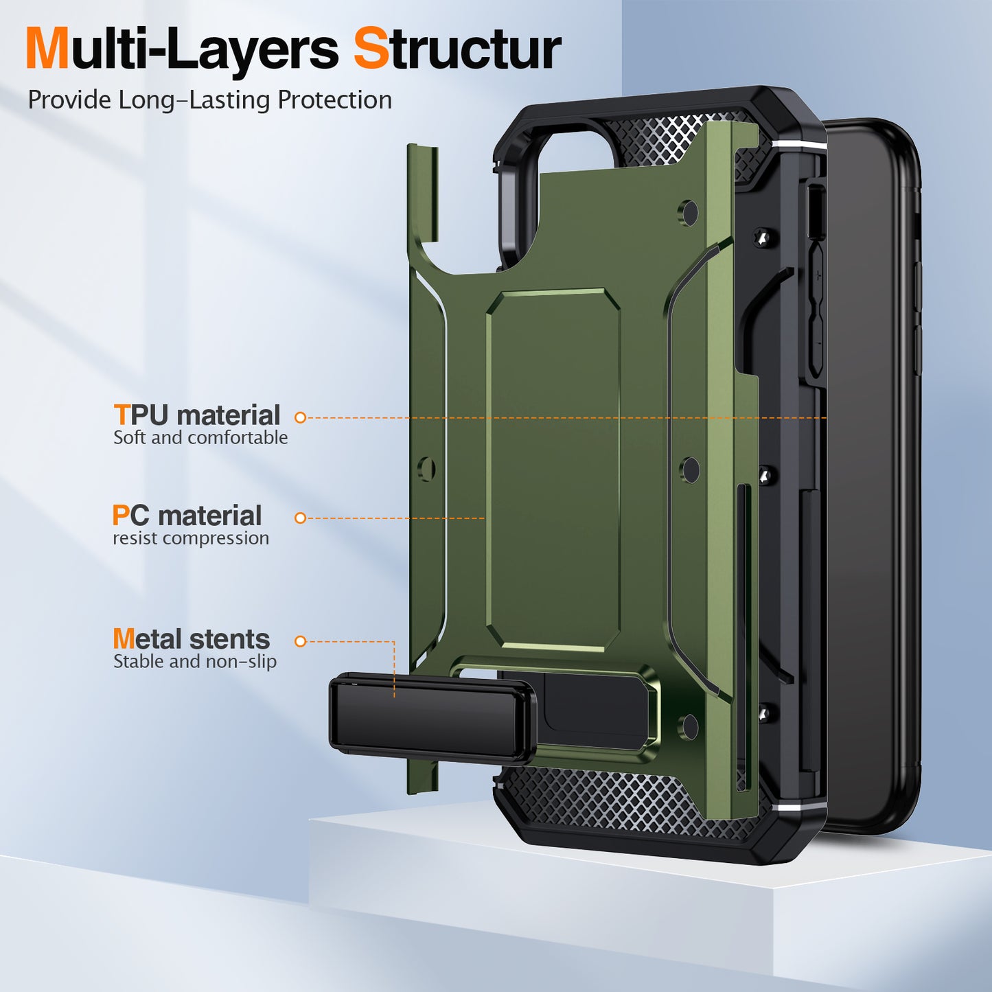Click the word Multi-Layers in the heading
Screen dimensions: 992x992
pyautogui.click(x=182, y=49)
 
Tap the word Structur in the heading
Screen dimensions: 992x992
pyautogui.click(x=457, y=49)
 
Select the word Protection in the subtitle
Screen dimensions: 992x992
pyautogui.click(x=334, y=100)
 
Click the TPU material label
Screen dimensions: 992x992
pyautogui.click(x=197, y=415)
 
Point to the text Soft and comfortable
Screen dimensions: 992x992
pyautogui.click(x=200, y=438)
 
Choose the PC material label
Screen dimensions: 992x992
pyautogui.click(x=187, y=516)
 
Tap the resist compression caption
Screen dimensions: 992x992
pyautogui.click(x=191, y=538)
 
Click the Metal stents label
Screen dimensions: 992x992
pyautogui.click(x=192, y=639)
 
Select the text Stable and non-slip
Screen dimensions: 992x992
pyautogui.click(x=195, y=662)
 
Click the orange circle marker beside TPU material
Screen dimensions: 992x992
pyautogui.click(x=300, y=417)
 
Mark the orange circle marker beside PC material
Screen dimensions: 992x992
pyautogui.click(x=300, y=518)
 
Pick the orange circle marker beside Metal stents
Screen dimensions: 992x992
pyautogui.click(x=300, y=641)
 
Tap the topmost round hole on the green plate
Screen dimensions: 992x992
pyautogui.click(x=689, y=213)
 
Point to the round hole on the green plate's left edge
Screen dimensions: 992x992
pyautogui.click(x=426, y=470)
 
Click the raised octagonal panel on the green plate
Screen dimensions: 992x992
pyautogui.click(x=553, y=470)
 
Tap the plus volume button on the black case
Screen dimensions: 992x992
pyautogui.click(x=818, y=276)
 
